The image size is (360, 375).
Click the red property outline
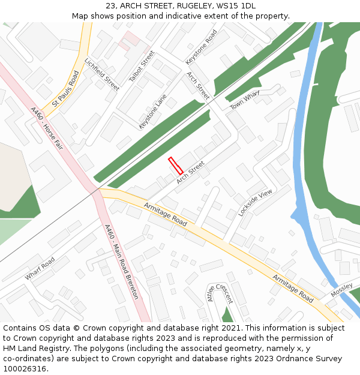(x=175, y=166)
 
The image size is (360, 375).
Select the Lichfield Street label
(x=101, y=74)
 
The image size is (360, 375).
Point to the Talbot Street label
(x=142, y=67)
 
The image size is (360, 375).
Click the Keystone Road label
(x=201, y=47)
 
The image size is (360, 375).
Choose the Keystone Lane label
(x=152, y=111)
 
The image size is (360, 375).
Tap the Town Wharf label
(x=245, y=100)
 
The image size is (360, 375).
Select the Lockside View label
(x=255, y=202)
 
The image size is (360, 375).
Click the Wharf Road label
(x=40, y=268)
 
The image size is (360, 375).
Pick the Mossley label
(x=341, y=290)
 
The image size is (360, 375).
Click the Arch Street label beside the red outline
(x=190, y=172)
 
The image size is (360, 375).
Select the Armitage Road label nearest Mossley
(x=293, y=289)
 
